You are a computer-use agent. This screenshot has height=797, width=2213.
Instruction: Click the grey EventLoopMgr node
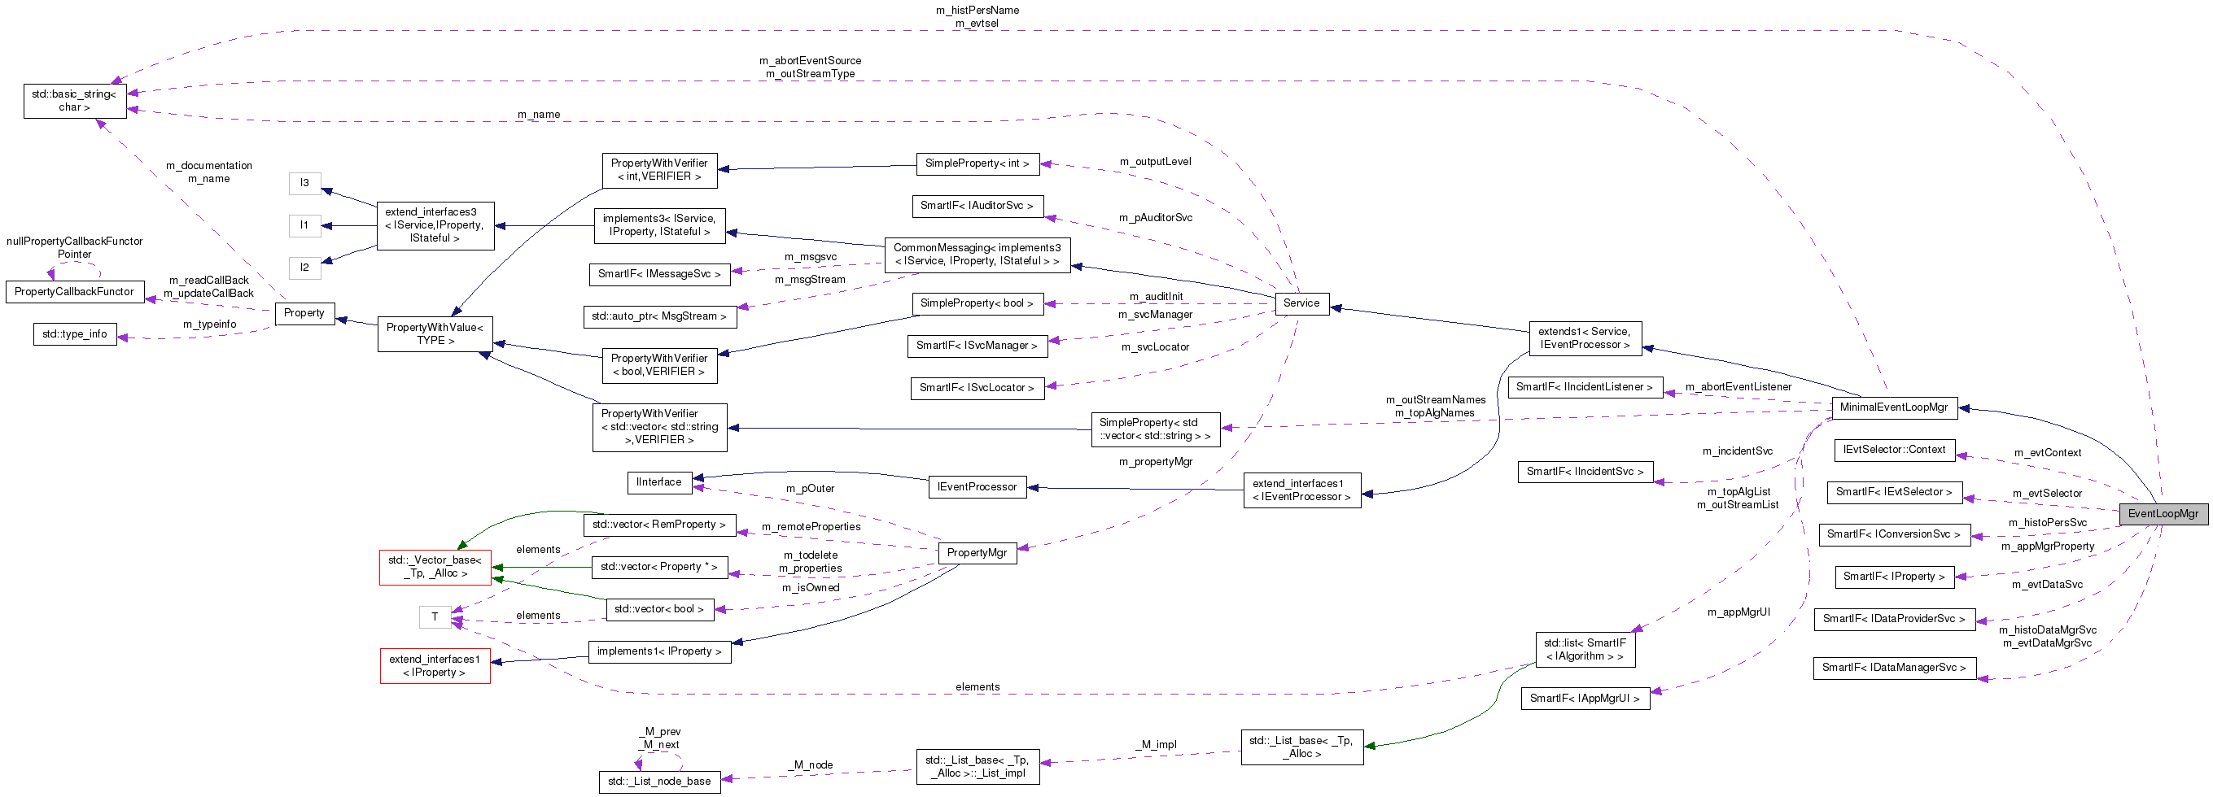coord(2163,514)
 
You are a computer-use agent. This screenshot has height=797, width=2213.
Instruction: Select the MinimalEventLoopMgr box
coord(1893,407)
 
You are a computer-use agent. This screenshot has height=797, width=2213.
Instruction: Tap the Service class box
coord(1301,303)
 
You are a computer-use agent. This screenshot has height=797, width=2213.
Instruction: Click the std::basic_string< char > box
coord(75,101)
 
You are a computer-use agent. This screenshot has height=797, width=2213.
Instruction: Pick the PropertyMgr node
coord(976,553)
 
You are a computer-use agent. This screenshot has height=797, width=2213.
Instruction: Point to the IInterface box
coord(659,482)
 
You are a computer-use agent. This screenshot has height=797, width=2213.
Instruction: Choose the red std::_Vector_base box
coord(435,567)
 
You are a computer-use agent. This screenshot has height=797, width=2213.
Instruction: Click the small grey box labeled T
coord(435,616)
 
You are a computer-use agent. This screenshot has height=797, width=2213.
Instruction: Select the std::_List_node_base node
coord(659,782)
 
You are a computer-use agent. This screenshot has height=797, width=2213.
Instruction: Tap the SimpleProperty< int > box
coord(977,163)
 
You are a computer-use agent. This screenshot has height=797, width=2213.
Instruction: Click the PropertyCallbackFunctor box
coord(75,292)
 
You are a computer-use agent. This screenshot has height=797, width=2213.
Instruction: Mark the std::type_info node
coord(75,334)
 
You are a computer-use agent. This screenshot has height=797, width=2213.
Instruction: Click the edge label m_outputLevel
coord(1155,162)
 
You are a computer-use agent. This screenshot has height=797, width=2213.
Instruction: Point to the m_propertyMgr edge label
coord(1155,462)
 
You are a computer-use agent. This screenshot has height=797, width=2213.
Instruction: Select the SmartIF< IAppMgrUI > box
coord(1584,699)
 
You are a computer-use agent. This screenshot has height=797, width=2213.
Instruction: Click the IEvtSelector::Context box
coord(1893,450)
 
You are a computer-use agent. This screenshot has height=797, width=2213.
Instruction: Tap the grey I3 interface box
coord(304,183)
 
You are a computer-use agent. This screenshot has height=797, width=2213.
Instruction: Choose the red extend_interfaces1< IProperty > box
coord(435,665)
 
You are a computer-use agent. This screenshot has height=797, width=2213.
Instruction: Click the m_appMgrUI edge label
coord(1738,612)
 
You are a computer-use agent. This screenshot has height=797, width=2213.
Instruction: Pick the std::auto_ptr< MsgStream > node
coord(659,317)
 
